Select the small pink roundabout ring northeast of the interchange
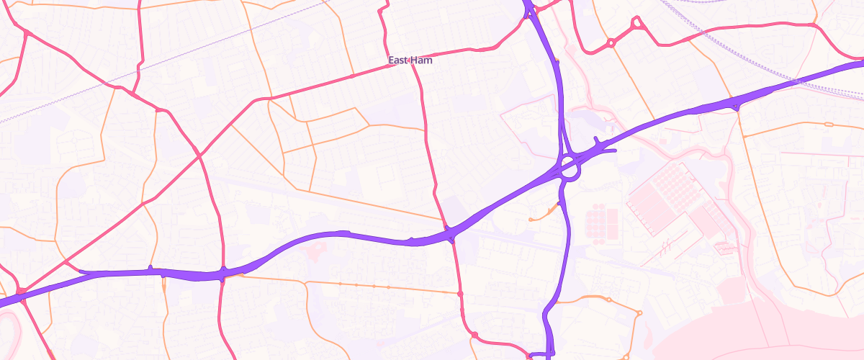point(611,43)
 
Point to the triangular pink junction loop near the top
point(636,24)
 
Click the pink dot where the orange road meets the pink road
point(459,294)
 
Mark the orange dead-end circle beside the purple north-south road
point(531,219)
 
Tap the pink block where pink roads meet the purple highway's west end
point(22,291)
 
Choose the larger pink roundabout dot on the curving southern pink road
point(474,334)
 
